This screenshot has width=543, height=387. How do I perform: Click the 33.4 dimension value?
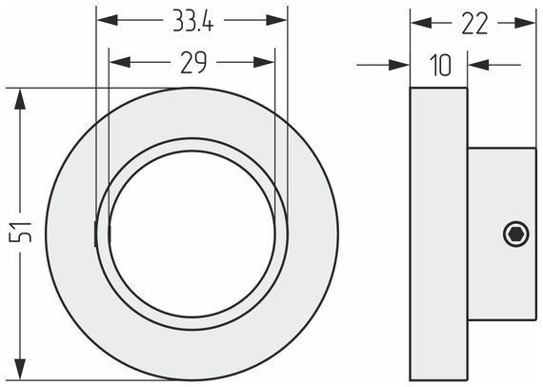pos(193,21)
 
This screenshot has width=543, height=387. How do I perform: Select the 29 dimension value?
pos(193,62)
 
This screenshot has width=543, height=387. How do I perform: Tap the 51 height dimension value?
pos(20,232)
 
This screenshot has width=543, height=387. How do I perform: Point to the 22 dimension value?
pos(474,24)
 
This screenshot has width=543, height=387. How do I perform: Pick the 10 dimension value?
pos(440,65)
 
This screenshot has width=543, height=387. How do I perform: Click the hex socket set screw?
pos(516,234)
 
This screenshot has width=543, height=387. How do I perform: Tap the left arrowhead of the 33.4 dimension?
pos(108,20)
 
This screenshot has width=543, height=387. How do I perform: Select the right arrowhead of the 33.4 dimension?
pos(276,20)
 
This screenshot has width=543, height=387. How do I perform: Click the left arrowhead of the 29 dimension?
pos(120,62)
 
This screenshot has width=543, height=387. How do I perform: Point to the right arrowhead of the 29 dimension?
pos(264,62)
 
